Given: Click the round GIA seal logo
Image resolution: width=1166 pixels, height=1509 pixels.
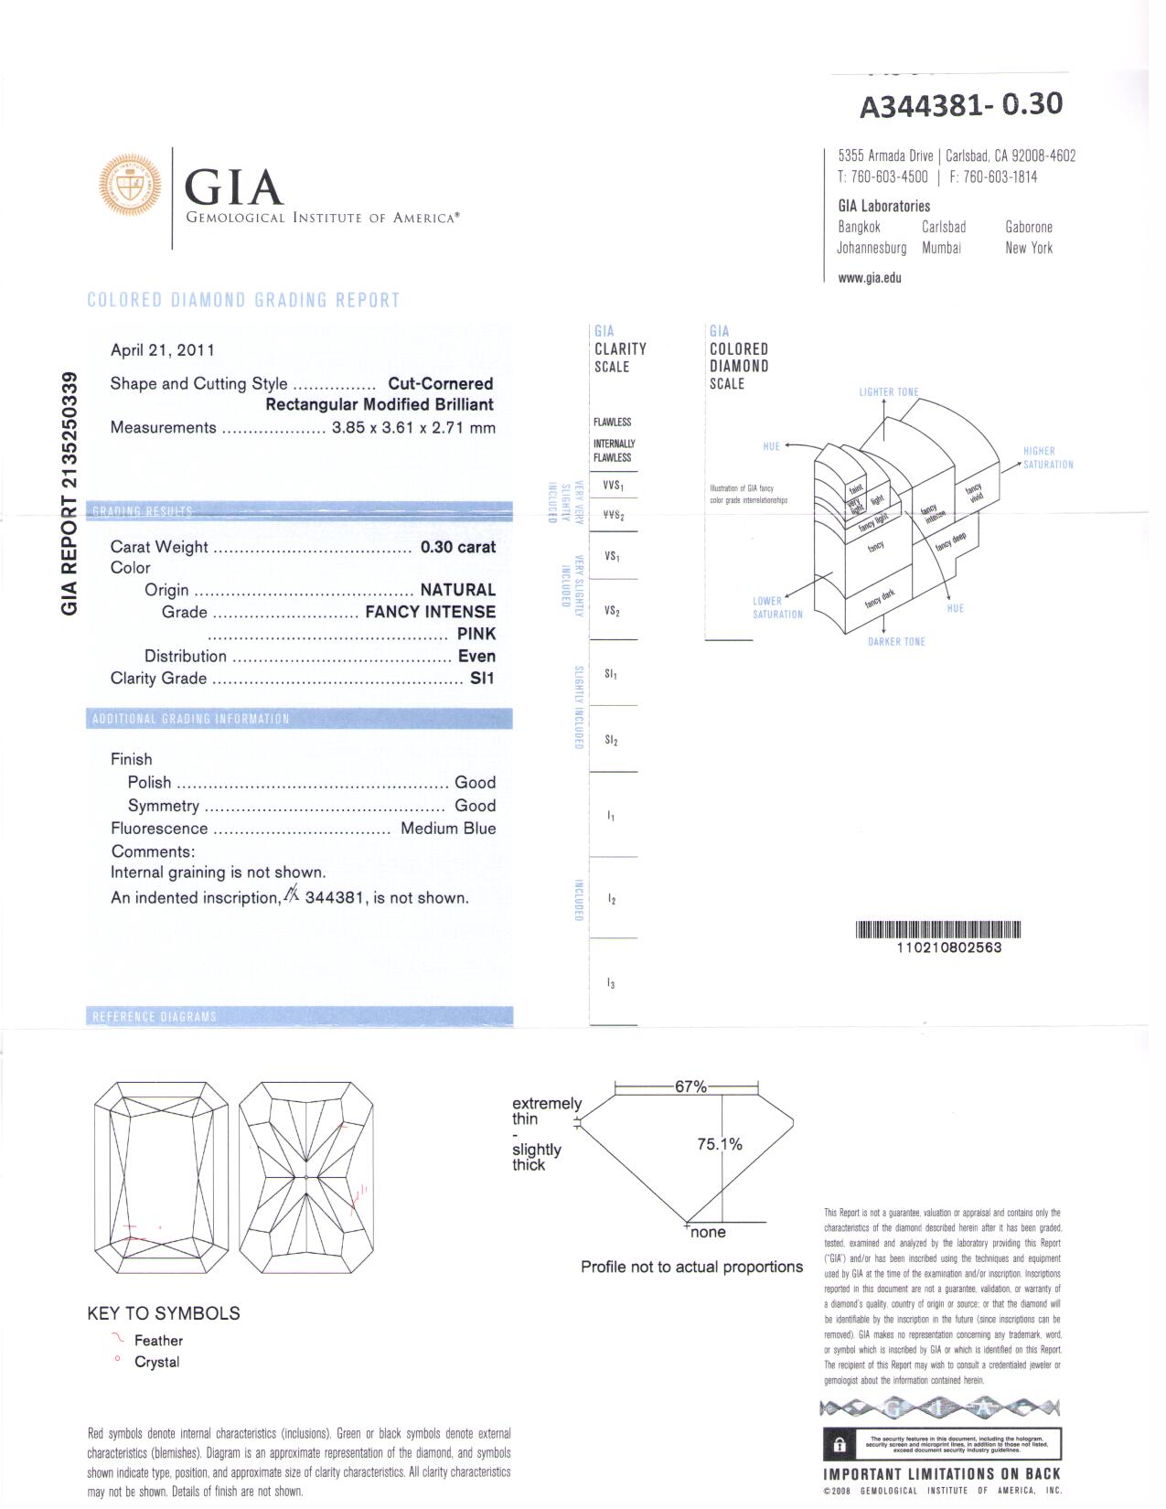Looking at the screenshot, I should point(130,186).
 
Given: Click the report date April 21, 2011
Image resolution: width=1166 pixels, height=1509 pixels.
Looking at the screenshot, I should point(162,350).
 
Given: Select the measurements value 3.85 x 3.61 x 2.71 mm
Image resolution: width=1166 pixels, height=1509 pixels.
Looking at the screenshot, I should point(413,428).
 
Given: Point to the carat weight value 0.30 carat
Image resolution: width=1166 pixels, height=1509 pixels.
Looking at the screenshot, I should point(457,547).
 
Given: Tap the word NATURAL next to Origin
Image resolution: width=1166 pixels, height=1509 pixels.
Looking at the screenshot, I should point(457,590).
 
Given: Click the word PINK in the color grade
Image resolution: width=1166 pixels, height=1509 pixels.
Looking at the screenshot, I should point(476,634).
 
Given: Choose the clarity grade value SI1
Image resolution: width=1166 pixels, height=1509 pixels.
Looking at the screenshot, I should point(482,679).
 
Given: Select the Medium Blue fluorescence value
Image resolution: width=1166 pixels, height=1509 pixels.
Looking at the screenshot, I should point(448,829).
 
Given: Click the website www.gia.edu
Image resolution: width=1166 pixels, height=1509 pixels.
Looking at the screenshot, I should point(869,278).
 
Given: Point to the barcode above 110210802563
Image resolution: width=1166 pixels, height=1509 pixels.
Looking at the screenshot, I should point(938,930).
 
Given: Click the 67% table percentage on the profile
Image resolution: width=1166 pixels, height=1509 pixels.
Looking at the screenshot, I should point(690,1086).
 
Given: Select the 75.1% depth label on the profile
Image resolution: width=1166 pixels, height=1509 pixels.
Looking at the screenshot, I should point(720,1144).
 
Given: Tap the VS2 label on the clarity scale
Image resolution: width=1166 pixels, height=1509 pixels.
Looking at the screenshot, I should point(612,611).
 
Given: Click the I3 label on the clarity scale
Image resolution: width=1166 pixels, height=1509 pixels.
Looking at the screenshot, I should point(611,984).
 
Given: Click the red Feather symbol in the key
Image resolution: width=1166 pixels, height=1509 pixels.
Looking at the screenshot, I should point(117,1339).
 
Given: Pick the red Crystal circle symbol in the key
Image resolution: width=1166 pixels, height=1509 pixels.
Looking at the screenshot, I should point(117,1360).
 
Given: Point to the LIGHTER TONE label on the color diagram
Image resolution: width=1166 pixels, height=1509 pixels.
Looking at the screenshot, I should point(888,392).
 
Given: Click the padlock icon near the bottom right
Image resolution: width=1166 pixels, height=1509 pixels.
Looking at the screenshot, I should point(839,1445).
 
